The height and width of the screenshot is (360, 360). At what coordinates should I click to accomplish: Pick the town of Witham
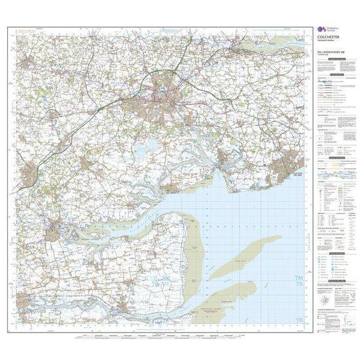30,175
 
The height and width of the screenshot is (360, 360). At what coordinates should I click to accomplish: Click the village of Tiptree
89,159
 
